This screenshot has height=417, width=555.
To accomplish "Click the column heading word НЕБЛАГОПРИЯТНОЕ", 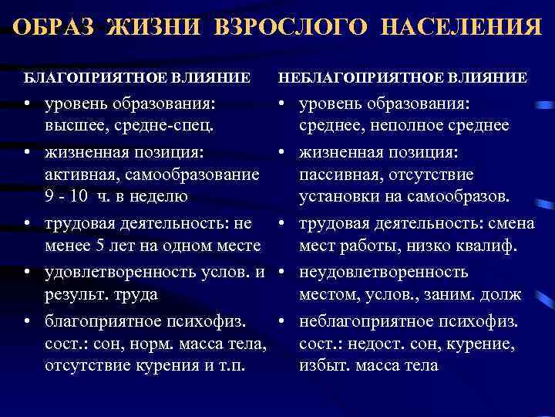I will [356, 77].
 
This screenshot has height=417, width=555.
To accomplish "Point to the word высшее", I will [72, 124].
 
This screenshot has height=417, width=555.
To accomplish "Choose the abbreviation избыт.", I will [324, 365].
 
